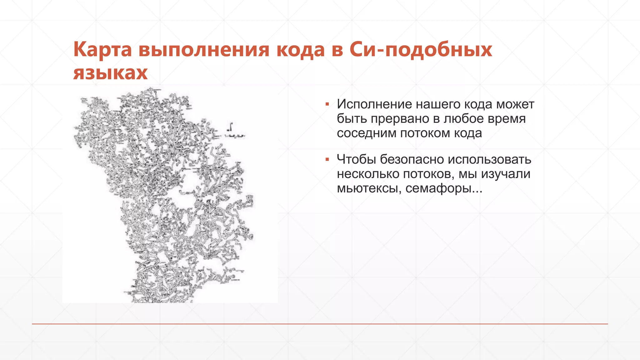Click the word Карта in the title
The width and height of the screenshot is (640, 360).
(102, 50)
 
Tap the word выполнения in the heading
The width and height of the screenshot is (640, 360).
(204, 50)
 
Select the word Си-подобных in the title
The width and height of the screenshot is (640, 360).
(421, 50)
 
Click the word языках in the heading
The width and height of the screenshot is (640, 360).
(110, 73)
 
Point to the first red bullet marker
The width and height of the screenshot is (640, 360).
(327, 104)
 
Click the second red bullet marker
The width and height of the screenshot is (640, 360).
(327, 159)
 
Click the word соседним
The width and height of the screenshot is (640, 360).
(366, 133)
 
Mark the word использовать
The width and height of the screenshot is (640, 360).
(489, 159)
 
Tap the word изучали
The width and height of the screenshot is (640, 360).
(506, 174)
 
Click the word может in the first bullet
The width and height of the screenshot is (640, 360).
(515, 104)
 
